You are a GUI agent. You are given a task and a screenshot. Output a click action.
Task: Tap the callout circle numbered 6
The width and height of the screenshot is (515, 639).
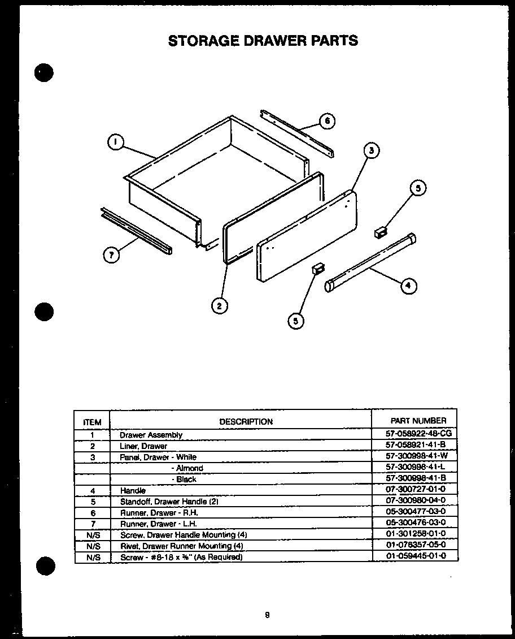coord(327,120)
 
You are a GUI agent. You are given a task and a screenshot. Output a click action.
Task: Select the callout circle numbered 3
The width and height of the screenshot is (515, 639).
coord(370,150)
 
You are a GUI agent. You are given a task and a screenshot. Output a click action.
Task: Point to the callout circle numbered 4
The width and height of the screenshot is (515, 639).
coord(409,286)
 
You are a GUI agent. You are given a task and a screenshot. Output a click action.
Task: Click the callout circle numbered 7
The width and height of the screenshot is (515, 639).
coord(112,255)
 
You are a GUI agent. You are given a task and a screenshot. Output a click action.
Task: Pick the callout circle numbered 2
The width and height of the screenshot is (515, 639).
coord(220,306)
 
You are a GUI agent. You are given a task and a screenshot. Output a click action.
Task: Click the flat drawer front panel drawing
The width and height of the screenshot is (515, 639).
coord(307,235)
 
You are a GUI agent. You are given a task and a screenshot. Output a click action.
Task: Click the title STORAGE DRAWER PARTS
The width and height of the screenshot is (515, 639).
coord(263,41)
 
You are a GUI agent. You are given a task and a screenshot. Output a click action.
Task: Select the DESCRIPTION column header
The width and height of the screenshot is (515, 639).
coord(246,421)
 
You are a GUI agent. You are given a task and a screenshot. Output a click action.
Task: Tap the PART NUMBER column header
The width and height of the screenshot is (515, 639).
coord(418,421)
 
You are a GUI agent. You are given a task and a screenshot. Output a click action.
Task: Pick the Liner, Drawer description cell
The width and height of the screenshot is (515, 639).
coord(143,446)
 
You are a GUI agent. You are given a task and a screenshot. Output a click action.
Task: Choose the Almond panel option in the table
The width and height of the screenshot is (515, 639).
coord(189,468)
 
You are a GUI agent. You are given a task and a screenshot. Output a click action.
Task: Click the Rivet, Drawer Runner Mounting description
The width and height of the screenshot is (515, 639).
coord(182,546)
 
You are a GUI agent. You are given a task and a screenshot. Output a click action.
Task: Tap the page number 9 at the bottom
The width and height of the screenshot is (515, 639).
coord(267,616)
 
